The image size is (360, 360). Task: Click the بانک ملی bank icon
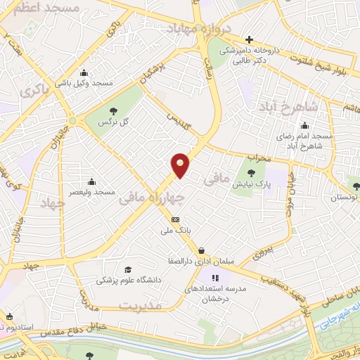pyautogui.click(x=175, y=219)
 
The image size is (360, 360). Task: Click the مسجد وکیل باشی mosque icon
pyautogui.click(x=84, y=72)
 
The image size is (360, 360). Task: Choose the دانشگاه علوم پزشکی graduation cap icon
pyautogui.click(x=127, y=269)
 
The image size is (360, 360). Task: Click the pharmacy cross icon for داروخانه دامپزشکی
pyautogui.click(x=247, y=40)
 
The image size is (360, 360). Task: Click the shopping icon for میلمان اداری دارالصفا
pyautogui.click(x=202, y=250)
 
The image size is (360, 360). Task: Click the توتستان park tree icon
pyautogui.click(x=356, y=186)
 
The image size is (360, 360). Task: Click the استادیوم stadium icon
pyautogui.click(x=9, y=316)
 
